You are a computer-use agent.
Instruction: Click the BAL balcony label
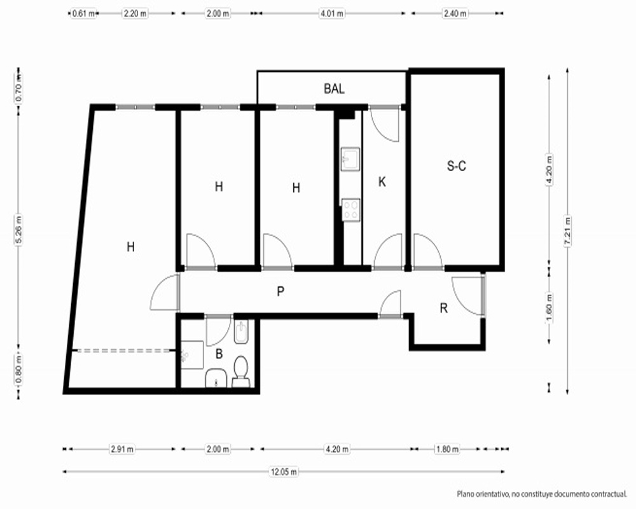click(x=335, y=88)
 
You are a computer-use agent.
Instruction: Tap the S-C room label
click(x=456, y=165)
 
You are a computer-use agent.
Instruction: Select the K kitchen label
click(x=382, y=182)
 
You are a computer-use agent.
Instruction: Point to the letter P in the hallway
click(x=280, y=291)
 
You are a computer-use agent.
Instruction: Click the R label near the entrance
click(x=444, y=309)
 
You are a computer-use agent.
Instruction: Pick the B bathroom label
click(x=219, y=354)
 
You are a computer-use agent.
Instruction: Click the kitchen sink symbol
click(x=350, y=159)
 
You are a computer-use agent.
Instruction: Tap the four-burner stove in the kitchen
click(x=351, y=210)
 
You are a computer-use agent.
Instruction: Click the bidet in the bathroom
click(x=241, y=331)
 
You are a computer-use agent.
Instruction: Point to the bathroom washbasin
click(x=216, y=379)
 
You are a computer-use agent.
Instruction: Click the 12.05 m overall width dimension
click(x=284, y=471)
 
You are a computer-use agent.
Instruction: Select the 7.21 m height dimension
click(x=567, y=231)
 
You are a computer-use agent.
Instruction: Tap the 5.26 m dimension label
click(x=18, y=230)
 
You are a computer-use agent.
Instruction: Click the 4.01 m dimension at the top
click(x=332, y=13)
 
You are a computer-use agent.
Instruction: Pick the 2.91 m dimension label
click(x=122, y=449)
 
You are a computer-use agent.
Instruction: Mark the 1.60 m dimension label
click(x=550, y=307)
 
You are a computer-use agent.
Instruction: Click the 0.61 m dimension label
click(x=84, y=13)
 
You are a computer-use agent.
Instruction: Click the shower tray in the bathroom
click(x=191, y=355)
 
